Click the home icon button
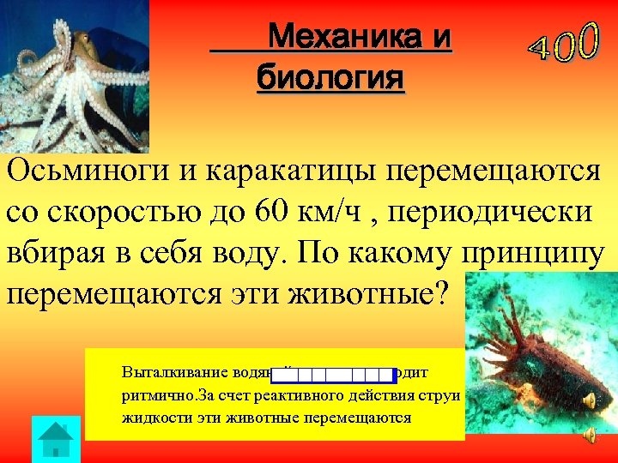point(56,439)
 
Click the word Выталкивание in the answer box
point(165,374)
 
